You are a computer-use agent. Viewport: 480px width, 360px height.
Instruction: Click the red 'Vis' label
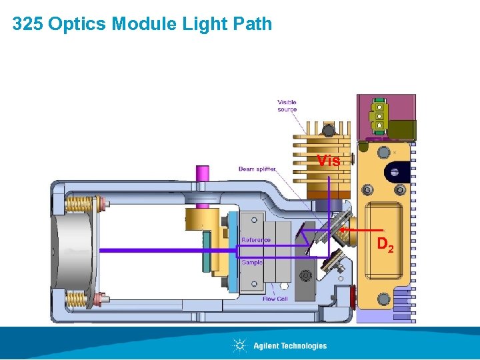[328, 161]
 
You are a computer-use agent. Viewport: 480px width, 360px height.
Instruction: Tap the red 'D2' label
[386, 245]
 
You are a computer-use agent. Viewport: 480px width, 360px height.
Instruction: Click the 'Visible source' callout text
[287, 105]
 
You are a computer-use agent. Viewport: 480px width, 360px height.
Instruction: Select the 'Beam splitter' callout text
[257, 169]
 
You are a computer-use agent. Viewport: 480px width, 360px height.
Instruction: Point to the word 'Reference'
[256, 240]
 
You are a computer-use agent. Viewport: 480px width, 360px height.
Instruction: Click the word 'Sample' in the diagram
[251, 263]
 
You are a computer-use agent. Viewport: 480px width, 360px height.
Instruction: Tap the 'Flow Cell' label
[275, 299]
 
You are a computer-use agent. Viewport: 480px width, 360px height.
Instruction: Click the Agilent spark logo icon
[239, 345]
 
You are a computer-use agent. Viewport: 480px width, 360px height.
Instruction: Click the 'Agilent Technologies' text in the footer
[290, 345]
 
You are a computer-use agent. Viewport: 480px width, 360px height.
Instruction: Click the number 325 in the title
[27, 25]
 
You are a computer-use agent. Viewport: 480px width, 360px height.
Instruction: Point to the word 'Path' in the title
[253, 25]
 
